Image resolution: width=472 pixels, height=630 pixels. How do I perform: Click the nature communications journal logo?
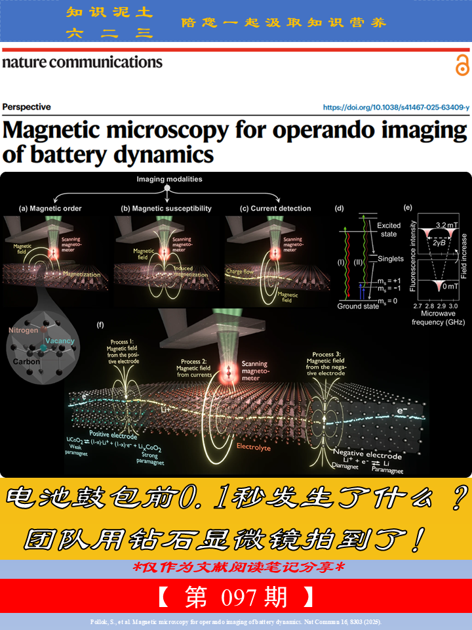click(82, 62)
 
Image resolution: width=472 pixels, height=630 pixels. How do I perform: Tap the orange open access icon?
click(462, 66)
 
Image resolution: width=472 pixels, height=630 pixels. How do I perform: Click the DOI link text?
click(396, 107)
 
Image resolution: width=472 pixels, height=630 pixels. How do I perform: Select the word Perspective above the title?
click(26, 107)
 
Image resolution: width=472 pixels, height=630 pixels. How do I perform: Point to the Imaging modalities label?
click(169, 179)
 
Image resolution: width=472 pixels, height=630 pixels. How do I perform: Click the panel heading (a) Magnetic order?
click(50, 209)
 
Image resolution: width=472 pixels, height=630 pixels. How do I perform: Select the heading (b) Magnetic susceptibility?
click(166, 209)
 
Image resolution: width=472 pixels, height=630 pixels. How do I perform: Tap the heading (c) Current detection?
click(275, 209)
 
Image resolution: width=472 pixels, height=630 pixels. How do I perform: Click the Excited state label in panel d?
click(388, 230)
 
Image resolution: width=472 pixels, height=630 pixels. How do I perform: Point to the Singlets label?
click(391, 259)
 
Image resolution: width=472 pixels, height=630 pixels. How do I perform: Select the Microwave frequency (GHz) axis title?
click(438, 318)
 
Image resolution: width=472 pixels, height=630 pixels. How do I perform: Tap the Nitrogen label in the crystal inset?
click(24, 331)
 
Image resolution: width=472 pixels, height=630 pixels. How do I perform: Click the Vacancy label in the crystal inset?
click(60, 341)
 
